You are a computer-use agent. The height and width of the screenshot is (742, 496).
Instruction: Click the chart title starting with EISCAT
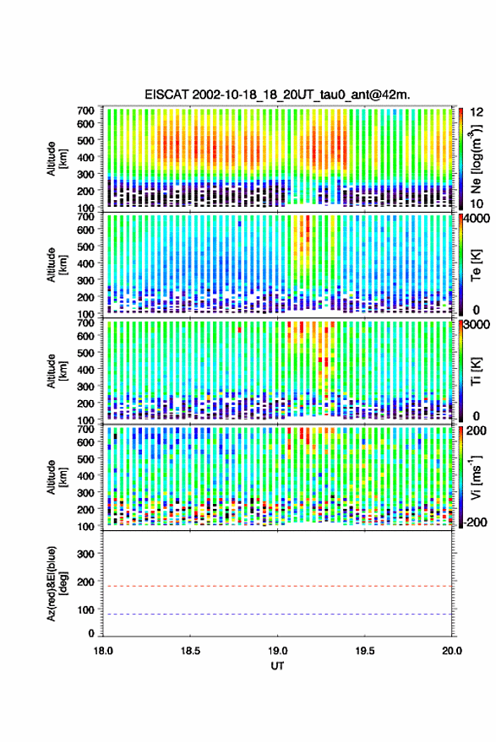[x=277, y=95]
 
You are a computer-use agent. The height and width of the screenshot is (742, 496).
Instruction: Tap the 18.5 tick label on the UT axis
[x=190, y=651]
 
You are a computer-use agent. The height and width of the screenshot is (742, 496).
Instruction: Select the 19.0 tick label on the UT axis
[x=277, y=651]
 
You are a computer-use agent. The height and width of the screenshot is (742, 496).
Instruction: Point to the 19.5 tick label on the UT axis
[x=364, y=651]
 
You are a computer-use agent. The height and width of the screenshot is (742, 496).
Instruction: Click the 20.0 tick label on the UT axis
[x=452, y=651]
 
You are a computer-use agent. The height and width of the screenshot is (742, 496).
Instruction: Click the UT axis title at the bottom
[x=277, y=666]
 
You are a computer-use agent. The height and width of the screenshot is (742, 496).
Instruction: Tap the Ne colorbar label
[x=476, y=159]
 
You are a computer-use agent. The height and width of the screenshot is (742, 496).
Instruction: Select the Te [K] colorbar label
[x=476, y=265]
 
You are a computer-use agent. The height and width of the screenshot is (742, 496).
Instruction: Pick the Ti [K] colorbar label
[x=476, y=371]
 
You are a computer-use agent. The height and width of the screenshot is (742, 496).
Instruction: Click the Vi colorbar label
[x=476, y=477]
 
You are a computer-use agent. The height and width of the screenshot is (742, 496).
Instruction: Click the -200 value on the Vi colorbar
[x=474, y=522]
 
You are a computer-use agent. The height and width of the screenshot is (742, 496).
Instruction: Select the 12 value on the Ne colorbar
[x=477, y=112]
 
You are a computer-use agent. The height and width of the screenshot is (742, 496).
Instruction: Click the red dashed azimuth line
[x=277, y=586]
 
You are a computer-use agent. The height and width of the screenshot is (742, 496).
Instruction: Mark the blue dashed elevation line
[x=277, y=614]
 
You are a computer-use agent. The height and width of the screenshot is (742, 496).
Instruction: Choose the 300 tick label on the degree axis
[x=85, y=554]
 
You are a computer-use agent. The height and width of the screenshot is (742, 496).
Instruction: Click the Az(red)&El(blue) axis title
[x=56, y=583]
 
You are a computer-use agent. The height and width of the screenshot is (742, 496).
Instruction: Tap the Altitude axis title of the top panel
[x=56, y=159]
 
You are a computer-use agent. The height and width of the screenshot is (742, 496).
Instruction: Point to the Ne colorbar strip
[x=461, y=159]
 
